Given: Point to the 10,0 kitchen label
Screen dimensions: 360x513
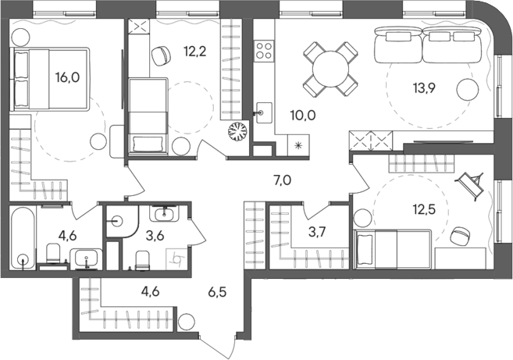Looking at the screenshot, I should point(303,116).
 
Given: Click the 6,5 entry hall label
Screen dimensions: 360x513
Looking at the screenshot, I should point(220,294).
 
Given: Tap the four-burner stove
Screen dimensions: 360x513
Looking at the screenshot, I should point(263,52).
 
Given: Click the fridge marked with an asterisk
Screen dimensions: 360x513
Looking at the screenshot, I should point(297,144).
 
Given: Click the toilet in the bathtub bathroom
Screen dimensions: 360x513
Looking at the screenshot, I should point(53,253).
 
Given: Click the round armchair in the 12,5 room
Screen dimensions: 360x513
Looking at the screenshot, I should point(460,233).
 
